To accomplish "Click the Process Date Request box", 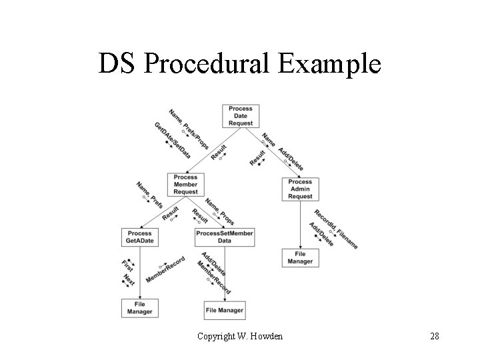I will pos(240,115).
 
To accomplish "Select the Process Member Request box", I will pos(185,185).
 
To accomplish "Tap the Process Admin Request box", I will pos(300,189).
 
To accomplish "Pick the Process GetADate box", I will pos(139,237).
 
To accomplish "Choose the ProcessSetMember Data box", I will pos(225,237).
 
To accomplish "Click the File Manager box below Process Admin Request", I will pos(300,257).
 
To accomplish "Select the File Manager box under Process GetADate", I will pos(139,307).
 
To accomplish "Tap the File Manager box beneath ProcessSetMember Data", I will pos(225,310).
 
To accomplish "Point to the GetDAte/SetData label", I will pos(172,140).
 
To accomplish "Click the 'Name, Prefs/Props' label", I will pos(189,129).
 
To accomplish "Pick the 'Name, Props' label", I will pos(219,211).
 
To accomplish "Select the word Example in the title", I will pos(337,65).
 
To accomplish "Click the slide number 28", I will pos(434,336).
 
